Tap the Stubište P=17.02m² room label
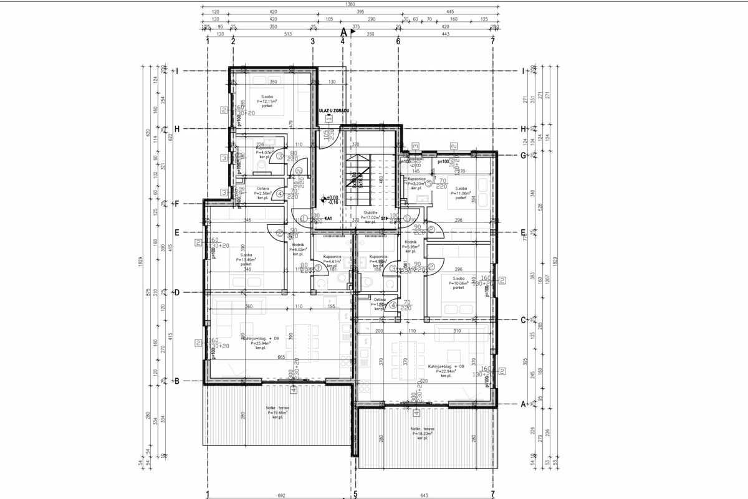coord(370,218)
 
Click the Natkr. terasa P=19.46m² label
coord(277,412)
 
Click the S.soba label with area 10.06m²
coord(459,283)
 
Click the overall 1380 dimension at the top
coord(352,4)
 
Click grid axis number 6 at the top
coord(398,41)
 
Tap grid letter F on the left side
coord(177,204)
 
